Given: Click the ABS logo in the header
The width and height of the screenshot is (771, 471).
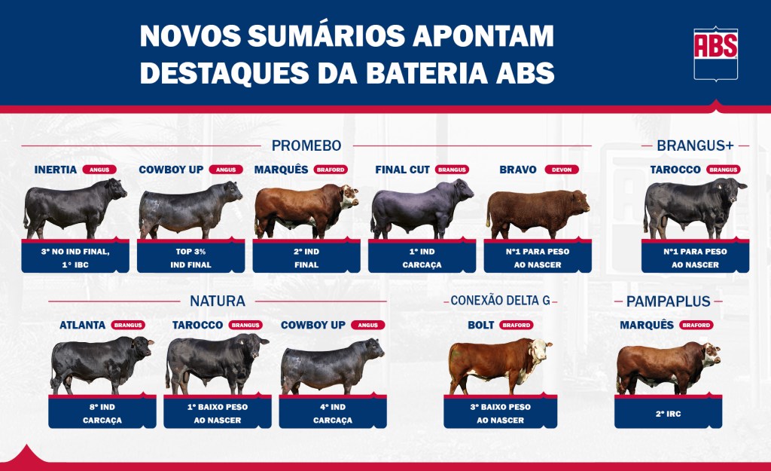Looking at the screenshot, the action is coord(715,54).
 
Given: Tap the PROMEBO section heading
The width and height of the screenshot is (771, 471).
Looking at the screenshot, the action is coord(306,145).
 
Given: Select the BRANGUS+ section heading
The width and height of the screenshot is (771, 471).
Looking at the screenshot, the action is coord(695,145).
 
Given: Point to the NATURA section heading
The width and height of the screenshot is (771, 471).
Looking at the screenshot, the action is coord(218,301).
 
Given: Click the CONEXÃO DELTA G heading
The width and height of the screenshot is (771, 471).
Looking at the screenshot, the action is coord(500,301).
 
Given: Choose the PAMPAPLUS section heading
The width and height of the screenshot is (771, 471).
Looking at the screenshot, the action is coord(669,301).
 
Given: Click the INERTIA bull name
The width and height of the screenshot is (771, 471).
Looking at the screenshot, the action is coord(56,170).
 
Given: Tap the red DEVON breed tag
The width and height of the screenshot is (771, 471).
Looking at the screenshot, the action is coord(562,170).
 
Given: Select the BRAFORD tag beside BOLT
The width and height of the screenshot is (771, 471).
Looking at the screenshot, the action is coord(517,326).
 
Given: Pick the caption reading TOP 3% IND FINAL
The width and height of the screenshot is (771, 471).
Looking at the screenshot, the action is coord(190,258).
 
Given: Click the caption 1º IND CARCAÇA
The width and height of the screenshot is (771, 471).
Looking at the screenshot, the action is coord(422,258).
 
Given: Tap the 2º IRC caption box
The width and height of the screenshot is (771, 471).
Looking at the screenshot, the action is coord(669,414).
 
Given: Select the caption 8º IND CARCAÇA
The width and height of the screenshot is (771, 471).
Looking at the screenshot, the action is coord(102,414).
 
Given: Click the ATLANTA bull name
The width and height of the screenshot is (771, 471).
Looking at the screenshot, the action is coord(83,326).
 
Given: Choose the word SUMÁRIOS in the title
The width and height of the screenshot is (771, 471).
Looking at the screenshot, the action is coord(327,36).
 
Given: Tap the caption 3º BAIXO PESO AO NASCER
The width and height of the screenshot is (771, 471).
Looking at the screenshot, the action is coord(500,414).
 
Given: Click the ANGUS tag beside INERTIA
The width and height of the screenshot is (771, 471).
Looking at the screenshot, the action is coord(99,170).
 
